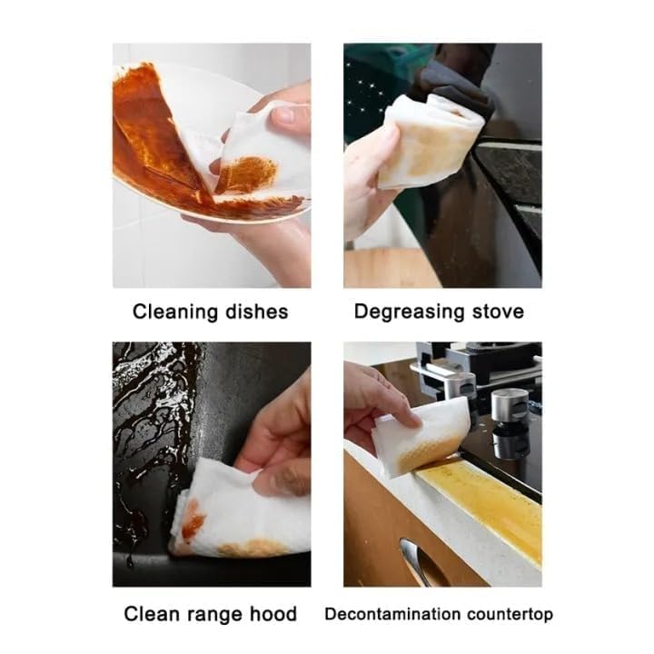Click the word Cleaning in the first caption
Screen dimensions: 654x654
point(173,312)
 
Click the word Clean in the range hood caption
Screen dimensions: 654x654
point(152,615)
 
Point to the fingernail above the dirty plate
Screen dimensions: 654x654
point(284,115)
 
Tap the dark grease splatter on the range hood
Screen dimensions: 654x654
point(150,427)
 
